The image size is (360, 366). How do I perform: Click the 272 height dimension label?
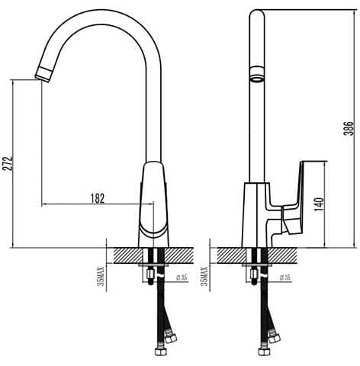click(x=7, y=163)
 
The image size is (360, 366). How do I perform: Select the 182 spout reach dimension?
click(x=98, y=198)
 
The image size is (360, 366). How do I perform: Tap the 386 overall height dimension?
click(x=349, y=129)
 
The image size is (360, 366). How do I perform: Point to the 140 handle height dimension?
click(x=319, y=204)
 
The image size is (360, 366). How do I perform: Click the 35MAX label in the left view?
click(x=101, y=277)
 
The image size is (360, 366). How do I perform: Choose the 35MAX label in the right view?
click(x=204, y=277)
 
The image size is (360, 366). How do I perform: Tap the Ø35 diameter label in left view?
click(x=182, y=278)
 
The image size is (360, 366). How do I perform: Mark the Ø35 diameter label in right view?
click(x=285, y=278)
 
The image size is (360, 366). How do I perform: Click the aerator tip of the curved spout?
click(x=43, y=74)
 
